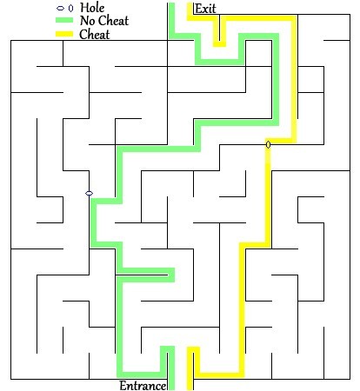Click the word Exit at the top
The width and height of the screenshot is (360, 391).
coord(205,9)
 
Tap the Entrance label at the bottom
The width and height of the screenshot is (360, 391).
coord(143,386)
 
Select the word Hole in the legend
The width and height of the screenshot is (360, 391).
coord(92,8)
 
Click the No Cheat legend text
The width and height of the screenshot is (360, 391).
coord(104,21)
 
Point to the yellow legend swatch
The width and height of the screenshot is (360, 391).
coord(64,34)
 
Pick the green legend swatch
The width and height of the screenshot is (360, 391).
coord(64,20)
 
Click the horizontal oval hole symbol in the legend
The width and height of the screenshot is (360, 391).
coord(60,8)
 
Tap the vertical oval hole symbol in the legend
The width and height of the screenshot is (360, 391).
coord(70,8)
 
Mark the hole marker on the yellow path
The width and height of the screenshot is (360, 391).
coord(268,144)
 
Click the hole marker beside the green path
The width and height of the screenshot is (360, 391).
coord(89,193)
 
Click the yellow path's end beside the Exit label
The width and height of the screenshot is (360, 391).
coord(190,4)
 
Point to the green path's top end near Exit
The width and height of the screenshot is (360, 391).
coord(171,4)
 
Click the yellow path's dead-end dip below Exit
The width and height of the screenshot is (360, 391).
coord(219,44)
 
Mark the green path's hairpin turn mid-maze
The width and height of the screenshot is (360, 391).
coord(171,275)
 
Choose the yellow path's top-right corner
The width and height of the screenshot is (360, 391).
coord(294,18)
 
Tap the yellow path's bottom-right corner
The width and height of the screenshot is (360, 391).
coord(242,374)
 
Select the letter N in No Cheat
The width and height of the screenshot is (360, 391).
coord(84,21)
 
